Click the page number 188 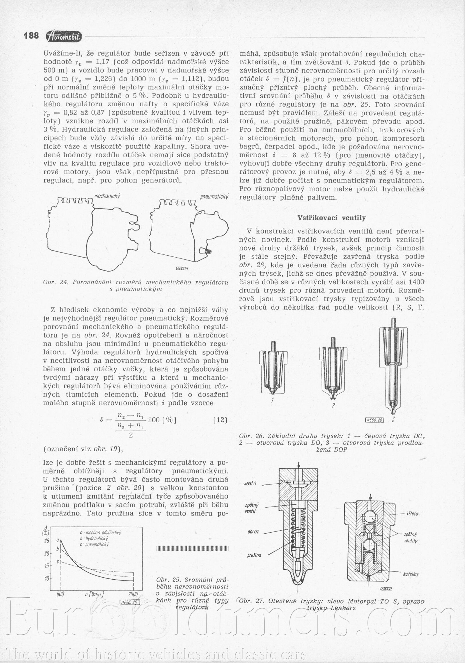click(x=31, y=36)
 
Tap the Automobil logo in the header click(x=64, y=36)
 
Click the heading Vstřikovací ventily click(x=331, y=218)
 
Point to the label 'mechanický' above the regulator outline click(x=107, y=196)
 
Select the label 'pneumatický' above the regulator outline click(x=214, y=197)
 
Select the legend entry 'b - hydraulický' click(x=94, y=539)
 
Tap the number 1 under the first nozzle click(x=272, y=401)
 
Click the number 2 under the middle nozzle click(x=333, y=405)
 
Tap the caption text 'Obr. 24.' click(x=55, y=282)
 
